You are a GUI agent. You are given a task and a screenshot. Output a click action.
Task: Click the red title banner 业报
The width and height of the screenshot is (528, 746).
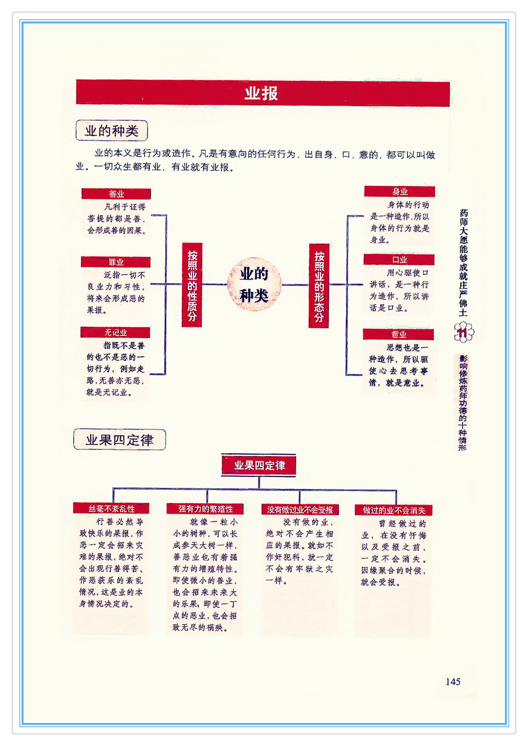click(262, 93)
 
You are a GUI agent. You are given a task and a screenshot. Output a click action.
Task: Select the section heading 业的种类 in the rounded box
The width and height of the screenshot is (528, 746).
click(112, 131)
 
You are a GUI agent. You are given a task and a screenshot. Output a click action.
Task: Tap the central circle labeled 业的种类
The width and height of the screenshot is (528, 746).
click(254, 284)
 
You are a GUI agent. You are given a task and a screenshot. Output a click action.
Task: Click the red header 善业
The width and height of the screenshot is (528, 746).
click(116, 194)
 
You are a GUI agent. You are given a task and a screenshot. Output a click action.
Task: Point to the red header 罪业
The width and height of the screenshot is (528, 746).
click(116, 262)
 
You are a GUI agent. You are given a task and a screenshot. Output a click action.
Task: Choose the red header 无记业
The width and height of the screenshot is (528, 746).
click(115, 332)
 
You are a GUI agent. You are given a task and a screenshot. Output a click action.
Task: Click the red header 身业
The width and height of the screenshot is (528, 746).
click(400, 191)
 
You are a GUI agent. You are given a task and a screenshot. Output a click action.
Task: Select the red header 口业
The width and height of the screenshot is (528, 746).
click(399, 260)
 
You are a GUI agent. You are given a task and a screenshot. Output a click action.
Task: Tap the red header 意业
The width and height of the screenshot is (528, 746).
click(399, 334)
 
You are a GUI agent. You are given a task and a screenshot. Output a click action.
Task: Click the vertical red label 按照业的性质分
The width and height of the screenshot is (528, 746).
click(192, 285)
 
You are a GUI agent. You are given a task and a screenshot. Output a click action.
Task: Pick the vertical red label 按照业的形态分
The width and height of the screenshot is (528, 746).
click(319, 286)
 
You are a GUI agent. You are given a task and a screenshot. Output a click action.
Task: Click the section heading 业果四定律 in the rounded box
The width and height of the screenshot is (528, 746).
click(120, 440)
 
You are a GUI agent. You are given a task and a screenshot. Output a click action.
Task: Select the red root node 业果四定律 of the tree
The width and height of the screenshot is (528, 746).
click(259, 466)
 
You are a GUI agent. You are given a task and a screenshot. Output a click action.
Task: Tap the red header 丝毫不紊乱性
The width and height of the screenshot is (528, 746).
click(111, 509)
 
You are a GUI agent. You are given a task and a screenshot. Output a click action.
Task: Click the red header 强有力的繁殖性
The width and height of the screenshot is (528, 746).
click(205, 509)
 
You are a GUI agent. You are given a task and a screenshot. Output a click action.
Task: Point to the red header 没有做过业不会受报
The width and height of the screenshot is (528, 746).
click(300, 510)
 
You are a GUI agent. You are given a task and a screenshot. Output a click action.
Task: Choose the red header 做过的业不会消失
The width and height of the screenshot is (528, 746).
click(394, 510)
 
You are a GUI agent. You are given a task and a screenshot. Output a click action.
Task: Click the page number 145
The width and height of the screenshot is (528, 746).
click(453, 682)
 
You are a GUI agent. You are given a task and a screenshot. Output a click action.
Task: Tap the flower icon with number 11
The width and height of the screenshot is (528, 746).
click(464, 332)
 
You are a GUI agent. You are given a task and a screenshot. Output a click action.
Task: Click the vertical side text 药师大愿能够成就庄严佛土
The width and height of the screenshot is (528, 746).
click(464, 262)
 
